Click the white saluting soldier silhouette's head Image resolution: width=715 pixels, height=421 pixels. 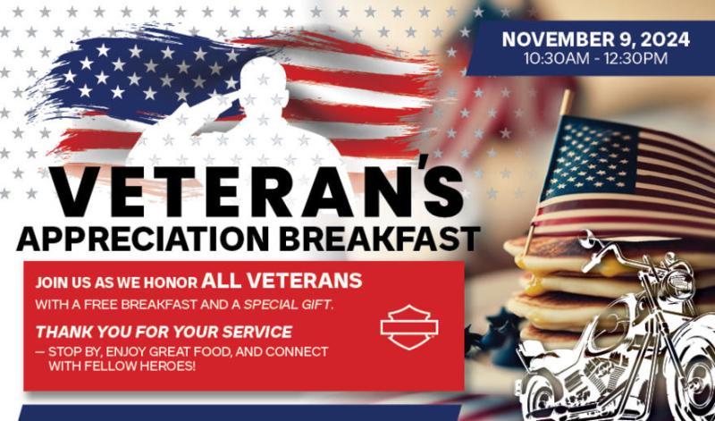[264, 81]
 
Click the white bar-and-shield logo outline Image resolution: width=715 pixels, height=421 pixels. [409, 327]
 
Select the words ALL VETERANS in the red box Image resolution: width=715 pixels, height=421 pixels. [282, 281]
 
